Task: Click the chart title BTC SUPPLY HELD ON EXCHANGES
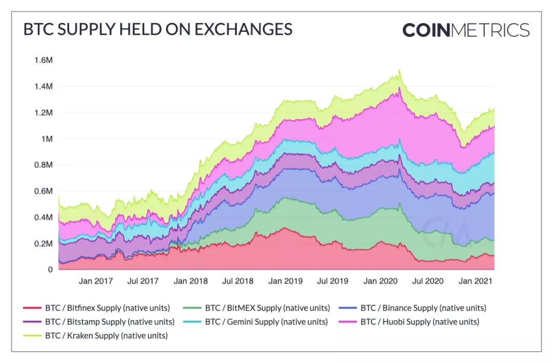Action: (158, 29)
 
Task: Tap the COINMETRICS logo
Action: (465, 30)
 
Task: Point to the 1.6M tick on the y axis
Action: (44, 60)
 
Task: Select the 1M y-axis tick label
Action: (47, 139)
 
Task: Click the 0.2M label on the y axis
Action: (44, 244)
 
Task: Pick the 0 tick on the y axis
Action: (50, 270)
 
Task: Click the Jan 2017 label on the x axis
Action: (96, 281)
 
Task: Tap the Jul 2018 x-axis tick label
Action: (238, 281)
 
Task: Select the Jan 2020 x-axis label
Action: (380, 281)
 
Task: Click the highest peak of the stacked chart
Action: (399, 71)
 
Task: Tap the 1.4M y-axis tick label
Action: (44, 87)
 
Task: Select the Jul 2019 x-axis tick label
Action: (333, 281)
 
